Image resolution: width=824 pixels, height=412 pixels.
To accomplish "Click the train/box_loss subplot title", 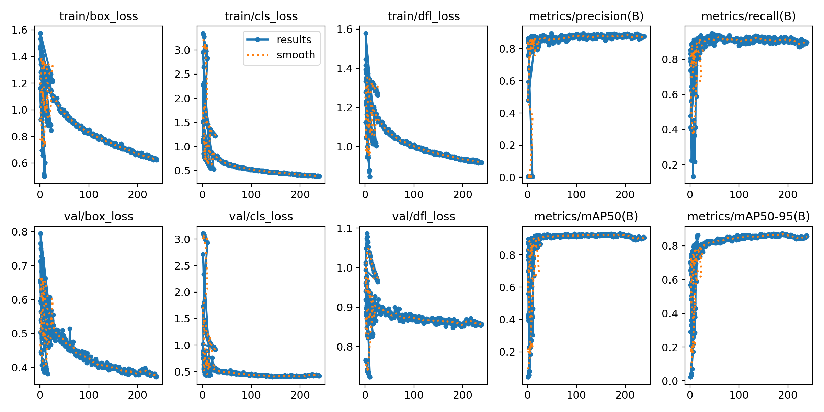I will (x=99, y=16).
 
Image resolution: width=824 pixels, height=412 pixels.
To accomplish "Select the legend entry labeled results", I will (x=294, y=40).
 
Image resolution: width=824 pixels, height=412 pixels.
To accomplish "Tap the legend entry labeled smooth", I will (x=296, y=55).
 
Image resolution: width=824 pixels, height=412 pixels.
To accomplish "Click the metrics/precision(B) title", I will (x=586, y=16).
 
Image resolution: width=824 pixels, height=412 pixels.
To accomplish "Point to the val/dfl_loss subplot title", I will (x=424, y=217).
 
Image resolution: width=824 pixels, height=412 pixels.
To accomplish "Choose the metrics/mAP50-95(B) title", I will (x=748, y=217).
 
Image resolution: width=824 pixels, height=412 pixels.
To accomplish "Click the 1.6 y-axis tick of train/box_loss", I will (x=19, y=30).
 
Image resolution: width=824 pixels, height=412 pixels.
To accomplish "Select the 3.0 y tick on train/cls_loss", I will (x=182, y=50).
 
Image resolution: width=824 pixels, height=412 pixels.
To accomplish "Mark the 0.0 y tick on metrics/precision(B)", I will (x=507, y=178).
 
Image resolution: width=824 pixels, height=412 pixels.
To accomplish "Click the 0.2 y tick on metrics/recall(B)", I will (x=670, y=165).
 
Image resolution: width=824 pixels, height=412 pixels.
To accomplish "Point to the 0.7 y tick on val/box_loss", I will (x=19, y=266).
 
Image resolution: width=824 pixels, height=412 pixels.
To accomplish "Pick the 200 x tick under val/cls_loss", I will (x=300, y=395).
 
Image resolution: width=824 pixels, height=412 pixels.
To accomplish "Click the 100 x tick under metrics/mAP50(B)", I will (x=576, y=395).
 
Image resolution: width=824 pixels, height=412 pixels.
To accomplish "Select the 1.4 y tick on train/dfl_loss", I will (x=345, y=69).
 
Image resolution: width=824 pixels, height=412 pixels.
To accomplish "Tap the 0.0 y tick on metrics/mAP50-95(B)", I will (x=670, y=381).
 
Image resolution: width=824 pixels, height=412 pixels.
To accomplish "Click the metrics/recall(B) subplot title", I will (x=748, y=16).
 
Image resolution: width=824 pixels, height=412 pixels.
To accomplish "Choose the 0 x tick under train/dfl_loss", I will (x=365, y=195).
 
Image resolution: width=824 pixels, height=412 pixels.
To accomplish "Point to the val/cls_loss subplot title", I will (x=261, y=217).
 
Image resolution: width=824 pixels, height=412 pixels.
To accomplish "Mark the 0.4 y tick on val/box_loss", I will (x=19, y=368).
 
